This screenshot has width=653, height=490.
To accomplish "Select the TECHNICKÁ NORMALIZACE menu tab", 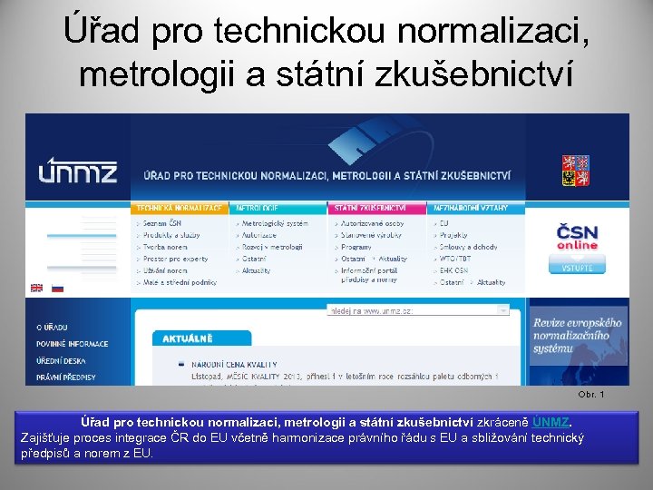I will coord(180,208).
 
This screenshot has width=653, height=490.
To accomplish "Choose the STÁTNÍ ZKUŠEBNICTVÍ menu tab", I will coord(369,208).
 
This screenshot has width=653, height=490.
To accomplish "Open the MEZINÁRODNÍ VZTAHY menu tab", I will coord(470,208).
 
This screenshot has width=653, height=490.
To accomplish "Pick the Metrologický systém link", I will coord(275,223).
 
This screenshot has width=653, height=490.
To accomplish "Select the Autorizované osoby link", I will coord(374,223).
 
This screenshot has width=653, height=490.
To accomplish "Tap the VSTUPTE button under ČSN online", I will coord(577,267).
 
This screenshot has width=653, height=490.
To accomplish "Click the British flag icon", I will coord(37,288).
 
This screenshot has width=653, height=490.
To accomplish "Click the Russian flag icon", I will coord(57,288).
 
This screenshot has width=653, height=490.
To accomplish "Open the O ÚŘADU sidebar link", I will coord(53,327).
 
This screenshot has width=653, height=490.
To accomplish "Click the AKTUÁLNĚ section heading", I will coord(188,338).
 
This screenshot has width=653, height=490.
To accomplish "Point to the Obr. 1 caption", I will coord(590,394).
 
